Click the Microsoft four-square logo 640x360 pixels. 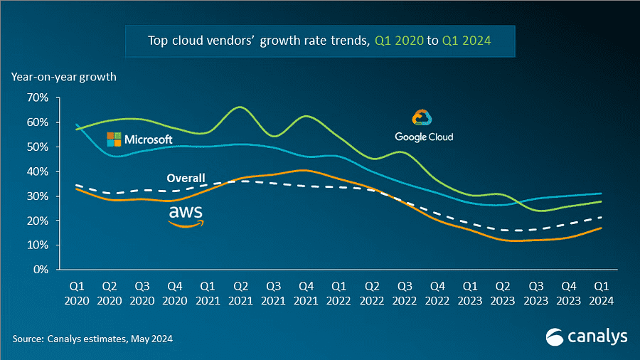[114, 139]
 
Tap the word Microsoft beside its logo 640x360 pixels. [149, 139]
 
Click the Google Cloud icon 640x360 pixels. [422, 118]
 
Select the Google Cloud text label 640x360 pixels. [424, 137]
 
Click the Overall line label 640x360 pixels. [186, 178]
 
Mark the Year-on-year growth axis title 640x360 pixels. [63, 75]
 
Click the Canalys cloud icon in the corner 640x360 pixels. [555, 336]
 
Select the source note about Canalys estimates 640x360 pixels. [92, 339]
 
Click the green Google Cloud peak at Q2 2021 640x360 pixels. [240, 107]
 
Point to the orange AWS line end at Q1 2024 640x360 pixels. [602, 228]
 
